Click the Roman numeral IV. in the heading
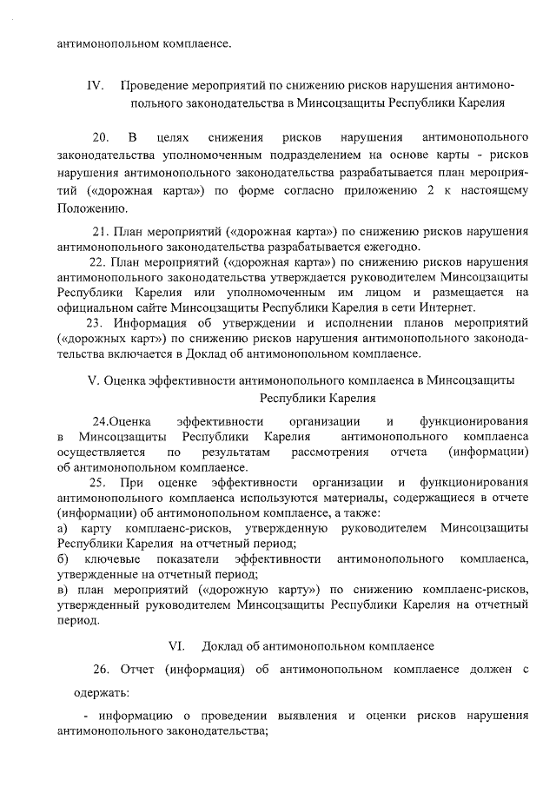tap(95, 86)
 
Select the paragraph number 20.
tap(101, 137)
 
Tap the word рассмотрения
tap(330, 452)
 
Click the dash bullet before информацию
tap(86, 716)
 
